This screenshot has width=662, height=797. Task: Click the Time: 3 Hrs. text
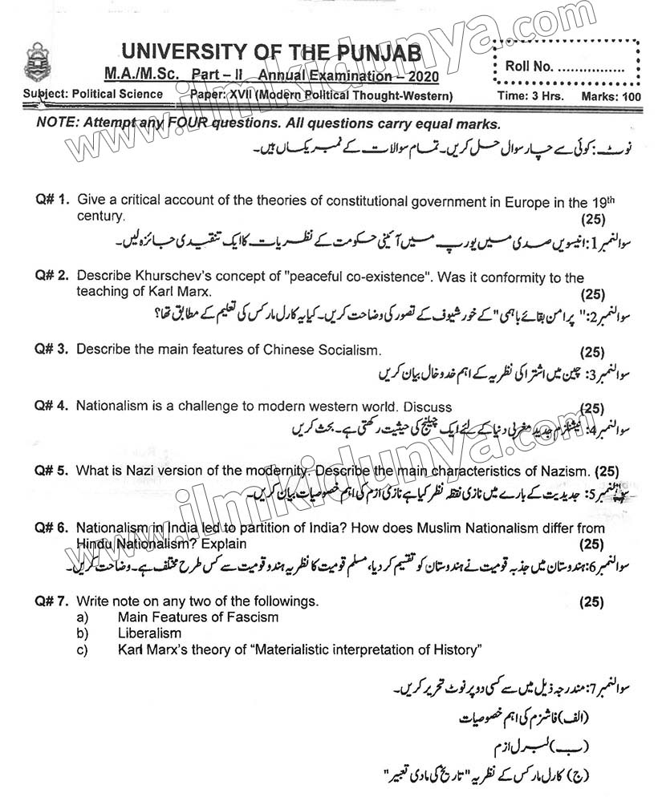(x=530, y=96)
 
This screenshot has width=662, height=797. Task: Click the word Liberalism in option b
(x=149, y=633)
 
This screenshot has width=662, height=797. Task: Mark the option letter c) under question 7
(x=81, y=649)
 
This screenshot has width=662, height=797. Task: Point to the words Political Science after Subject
(x=117, y=95)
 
